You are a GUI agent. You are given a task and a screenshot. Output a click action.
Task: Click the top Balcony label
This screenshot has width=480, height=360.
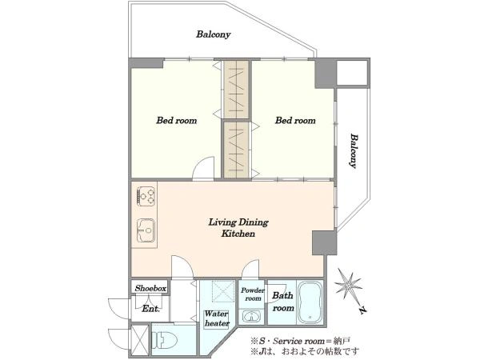213,34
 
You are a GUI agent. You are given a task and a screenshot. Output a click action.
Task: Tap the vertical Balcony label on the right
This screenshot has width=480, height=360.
354,150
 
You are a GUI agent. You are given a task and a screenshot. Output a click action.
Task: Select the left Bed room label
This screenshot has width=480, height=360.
176,120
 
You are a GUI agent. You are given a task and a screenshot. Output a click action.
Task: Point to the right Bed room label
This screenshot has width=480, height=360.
295,120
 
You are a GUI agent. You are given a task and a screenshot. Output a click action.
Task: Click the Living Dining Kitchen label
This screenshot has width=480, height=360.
238,228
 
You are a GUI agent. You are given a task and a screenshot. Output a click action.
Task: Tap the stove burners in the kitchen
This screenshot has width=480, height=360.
146,196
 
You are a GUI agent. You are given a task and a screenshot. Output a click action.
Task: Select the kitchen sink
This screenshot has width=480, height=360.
146,230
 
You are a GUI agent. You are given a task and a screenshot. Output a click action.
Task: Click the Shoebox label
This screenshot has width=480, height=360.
150,288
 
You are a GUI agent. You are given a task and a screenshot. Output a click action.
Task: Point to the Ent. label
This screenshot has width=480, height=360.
150,309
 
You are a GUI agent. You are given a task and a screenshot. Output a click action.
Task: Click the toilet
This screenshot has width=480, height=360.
164,341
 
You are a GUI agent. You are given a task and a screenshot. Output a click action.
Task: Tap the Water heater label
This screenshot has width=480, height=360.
217,318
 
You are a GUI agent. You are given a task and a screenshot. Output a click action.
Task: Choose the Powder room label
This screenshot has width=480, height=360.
253,294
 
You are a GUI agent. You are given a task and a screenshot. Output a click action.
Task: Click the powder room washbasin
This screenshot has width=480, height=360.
251,316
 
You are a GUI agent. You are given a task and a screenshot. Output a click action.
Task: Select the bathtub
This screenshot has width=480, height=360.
310,302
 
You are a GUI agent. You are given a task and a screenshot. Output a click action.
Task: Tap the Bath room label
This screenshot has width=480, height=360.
283,302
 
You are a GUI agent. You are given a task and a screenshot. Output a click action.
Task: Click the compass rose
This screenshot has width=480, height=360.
348,286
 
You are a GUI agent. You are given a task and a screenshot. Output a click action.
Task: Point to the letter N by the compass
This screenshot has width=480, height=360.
362,310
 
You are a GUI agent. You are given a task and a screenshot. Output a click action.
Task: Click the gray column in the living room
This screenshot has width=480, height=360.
324,242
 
